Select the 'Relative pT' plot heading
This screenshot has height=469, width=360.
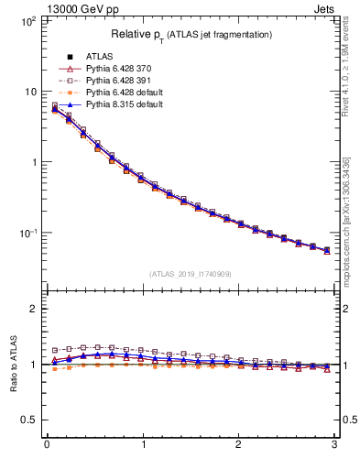191,34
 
